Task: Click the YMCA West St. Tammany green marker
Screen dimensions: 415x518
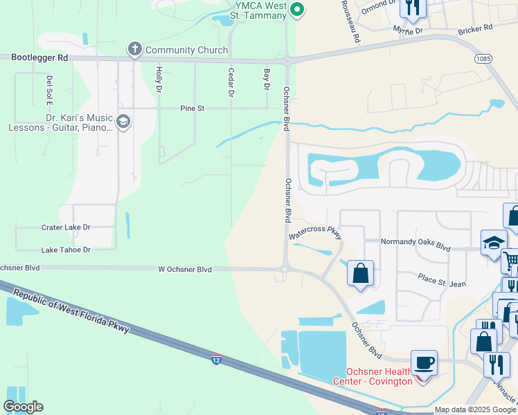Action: pyautogui.click(x=297, y=9)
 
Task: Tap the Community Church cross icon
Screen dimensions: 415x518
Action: pyautogui.click(x=134, y=49)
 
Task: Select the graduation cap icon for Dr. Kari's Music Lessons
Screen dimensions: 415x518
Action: pyautogui.click(x=123, y=122)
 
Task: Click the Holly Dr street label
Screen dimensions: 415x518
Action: pyautogui.click(x=159, y=80)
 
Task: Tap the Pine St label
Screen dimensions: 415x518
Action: pyautogui.click(x=193, y=109)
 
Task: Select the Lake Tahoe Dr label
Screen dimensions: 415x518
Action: pyautogui.click(x=66, y=250)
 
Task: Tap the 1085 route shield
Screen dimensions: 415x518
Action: pyautogui.click(x=484, y=59)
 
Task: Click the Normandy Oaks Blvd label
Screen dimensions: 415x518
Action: pyautogui.click(x=416, y=246)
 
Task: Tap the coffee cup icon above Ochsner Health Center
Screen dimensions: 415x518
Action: pyautogui.click(x=424, y=362)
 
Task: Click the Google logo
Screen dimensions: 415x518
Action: pyautogui.click(x=23, y=407)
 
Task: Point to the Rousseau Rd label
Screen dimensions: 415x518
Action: pyautogui.click(x=350, y=22)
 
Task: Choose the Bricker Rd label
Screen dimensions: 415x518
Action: pyautogui.click(x=475, y=29)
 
